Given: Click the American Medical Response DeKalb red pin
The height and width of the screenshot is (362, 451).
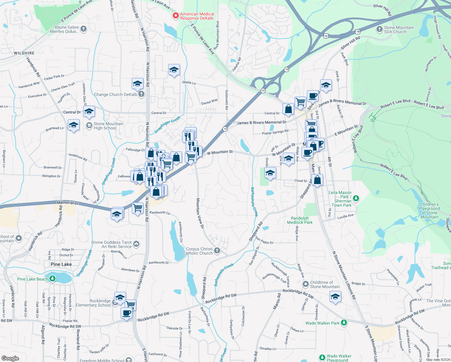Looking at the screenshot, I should (x=175, y=15).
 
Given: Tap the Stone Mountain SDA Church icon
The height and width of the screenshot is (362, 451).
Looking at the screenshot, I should (x=380, y=29).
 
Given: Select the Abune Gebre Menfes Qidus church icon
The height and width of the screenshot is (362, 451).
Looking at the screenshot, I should (x=84, y=29).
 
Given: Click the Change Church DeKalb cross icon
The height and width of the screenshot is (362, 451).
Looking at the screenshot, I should (x=141, y=94).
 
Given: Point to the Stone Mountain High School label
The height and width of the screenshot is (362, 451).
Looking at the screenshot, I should (x=108, y=126).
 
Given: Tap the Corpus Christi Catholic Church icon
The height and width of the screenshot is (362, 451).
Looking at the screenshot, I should (x=217, y=251).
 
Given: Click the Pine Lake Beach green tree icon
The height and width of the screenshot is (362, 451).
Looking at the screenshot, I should (x=52, y=278).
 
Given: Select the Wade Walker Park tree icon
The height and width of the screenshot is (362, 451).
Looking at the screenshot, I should (x=344, y=323).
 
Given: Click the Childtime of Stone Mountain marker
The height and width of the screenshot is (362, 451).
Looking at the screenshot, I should (x=306, y=284).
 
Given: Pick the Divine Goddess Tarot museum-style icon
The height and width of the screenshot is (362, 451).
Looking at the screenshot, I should (x=136, y=244).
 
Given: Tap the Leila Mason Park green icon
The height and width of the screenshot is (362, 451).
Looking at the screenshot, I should (x=356, y=198).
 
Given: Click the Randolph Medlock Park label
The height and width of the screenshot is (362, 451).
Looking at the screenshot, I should (x=300, y=220).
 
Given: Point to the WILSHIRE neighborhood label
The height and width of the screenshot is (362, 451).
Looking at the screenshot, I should (x=24, y=53).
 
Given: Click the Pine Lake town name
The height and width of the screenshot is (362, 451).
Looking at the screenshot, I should (x=61, y=264).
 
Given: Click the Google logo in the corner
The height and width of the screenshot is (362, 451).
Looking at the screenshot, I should (x=10, y=358).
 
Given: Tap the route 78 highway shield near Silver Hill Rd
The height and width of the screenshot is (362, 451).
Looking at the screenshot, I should (x=357, y=31).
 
